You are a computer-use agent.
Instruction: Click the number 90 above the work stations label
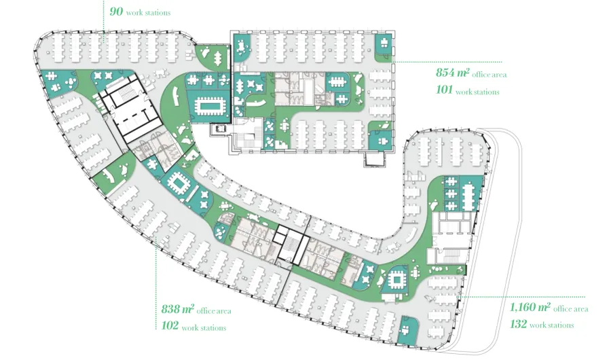coord(116,12)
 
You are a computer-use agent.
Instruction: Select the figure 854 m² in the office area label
coord(452,73)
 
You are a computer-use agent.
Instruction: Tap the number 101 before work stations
coord(444,90)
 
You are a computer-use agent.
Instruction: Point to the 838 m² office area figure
coord(177,309)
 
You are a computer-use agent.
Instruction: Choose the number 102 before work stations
coord(170,325)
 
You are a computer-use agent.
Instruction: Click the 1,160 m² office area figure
coord(530,307)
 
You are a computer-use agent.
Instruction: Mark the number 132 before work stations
coord(518,324)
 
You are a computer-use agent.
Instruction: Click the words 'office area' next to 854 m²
coord(489,75)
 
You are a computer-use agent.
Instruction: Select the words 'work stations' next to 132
coord(552,325)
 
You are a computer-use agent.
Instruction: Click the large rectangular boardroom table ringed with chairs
coord(210,106)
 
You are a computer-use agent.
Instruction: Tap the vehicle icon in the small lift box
coord(222,128)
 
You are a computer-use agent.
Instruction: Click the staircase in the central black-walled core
coord(291,244)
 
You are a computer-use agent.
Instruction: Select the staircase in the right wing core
coord(451,255)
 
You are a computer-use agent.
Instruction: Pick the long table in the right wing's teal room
coord(468,194)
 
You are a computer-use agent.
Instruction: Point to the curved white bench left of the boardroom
coord(175,96)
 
